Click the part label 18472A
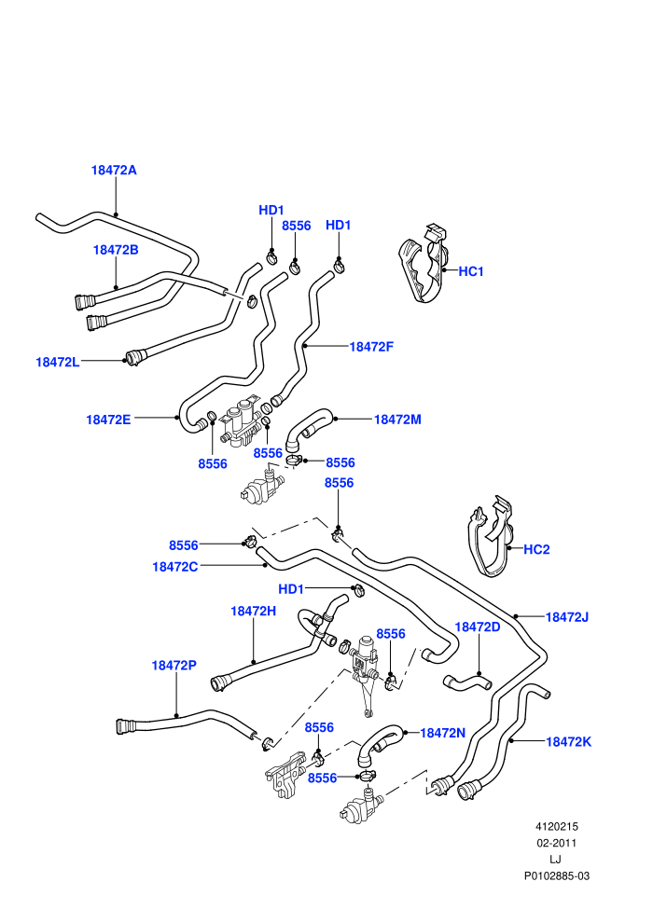coord(114,170)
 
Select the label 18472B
coord(116,250)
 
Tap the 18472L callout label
coord(58,362)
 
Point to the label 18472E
coord(108,420)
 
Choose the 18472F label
coord(371,347)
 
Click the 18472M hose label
coord(397,420)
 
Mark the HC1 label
coord(470,271)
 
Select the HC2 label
coord(536,549)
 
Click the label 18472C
coord(174,567)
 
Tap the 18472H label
coord(253,611)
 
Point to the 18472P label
coord(174,665)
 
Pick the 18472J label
coord(567,617)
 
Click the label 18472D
coord(478,627)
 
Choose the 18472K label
coord(569,742)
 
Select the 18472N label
coord(442,733)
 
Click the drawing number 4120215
coord(556,826)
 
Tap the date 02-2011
coord(556,843)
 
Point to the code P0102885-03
coord(556,875)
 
